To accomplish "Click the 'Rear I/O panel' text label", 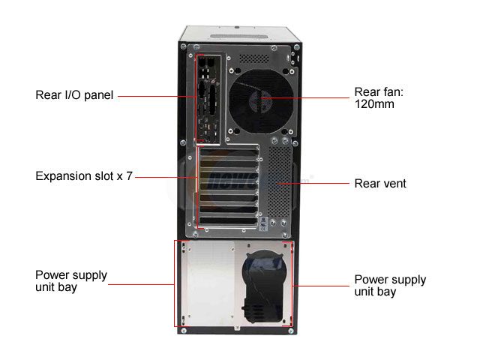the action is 74,95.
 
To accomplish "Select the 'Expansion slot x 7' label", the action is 84,176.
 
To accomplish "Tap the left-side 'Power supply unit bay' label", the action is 71,281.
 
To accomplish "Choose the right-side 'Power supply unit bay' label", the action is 390,285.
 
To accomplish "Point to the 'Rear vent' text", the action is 380,184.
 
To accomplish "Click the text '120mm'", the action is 374,104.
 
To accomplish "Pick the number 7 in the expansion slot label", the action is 130,176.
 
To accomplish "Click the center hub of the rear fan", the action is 260,100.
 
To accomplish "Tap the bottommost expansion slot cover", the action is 229,220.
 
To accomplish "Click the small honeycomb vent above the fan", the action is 253,58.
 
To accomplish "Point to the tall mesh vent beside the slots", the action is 280,181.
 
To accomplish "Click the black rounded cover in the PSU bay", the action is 263,286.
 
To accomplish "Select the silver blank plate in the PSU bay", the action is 211,283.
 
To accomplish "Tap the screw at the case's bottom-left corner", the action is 184,331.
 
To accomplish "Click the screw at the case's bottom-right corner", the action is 291,331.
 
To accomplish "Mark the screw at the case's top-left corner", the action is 183,46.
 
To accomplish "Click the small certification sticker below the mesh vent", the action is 263,224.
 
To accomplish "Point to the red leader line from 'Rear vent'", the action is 313,183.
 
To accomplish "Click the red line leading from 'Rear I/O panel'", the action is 157,96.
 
